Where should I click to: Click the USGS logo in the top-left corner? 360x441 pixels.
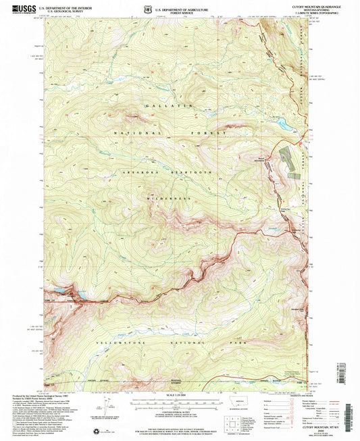(20, 9)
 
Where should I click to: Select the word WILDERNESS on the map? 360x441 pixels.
(166, 199)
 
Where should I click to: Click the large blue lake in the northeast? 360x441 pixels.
(278, 124)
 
